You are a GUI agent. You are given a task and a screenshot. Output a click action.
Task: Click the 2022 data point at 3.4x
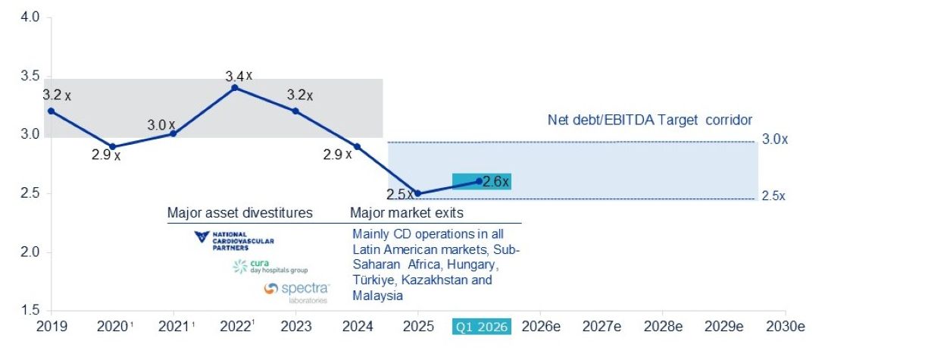point(235,88)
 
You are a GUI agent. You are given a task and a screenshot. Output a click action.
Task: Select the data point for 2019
point(52,111)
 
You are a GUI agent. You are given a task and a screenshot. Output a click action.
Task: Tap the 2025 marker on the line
point(418,193)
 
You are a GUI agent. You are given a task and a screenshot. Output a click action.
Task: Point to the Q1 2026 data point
point(479,181)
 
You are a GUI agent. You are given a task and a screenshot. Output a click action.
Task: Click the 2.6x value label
point(495,181)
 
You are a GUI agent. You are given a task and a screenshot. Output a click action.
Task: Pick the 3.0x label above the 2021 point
point(161,125)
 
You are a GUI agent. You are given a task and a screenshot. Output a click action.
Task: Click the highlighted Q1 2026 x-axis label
point(482,327)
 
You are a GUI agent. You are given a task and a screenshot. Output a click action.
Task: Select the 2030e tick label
point(786,327)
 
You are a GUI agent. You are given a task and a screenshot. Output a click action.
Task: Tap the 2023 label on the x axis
point(296,327)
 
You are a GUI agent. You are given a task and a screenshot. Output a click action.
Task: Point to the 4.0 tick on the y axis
point(30,17)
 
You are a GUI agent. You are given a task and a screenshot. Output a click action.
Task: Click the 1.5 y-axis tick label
point(30,310)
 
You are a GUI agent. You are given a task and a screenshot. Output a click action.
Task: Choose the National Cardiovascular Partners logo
point(234,241)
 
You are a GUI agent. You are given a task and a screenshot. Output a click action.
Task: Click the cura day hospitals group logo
point(270,267)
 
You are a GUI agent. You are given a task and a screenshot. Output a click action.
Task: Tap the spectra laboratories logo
point(297,293)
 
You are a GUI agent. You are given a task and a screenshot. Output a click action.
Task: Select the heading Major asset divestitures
point(240,213)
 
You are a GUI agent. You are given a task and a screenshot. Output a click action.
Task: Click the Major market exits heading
point(407,213)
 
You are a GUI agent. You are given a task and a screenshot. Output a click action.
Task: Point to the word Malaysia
point(377,296)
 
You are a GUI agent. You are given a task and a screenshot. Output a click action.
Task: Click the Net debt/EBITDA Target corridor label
point(649,120)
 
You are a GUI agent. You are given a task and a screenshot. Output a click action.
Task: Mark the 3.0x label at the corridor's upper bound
point(775,139)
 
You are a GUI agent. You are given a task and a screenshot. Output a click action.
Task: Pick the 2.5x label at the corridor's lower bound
point(773,196)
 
